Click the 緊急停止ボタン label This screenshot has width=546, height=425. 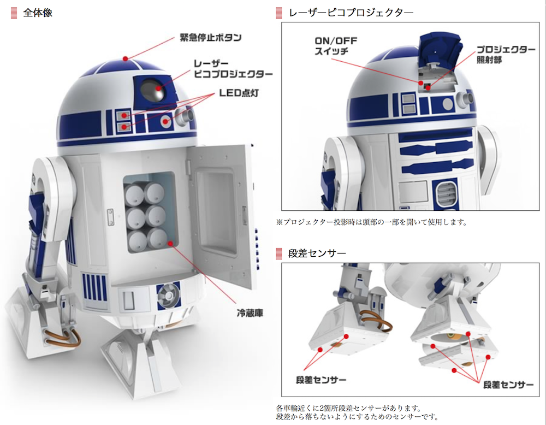tap(210, 37)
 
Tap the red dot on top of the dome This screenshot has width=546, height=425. tap(125, 58)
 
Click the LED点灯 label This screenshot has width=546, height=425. tap(239, 93)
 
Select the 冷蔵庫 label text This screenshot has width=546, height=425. tap(250, 313)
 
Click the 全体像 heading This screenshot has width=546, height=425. tap(38, 13)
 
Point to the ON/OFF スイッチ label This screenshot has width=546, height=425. tap(336, 46)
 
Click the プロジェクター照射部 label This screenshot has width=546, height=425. tap(505, 54)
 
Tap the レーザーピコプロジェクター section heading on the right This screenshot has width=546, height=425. tap(351, 13)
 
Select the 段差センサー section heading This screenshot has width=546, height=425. tap(317, 253)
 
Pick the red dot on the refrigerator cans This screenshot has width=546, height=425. tap(170, 243)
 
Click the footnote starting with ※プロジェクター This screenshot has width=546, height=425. tap(371, 222)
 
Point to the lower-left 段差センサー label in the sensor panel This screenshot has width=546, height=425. tap(321, 380)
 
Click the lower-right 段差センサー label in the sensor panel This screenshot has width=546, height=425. tap(508, 385)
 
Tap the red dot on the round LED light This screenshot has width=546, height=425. tap(165, 122)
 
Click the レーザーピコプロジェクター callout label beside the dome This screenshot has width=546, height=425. tap(233, 69)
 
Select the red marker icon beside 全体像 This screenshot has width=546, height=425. tap(14, 13)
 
